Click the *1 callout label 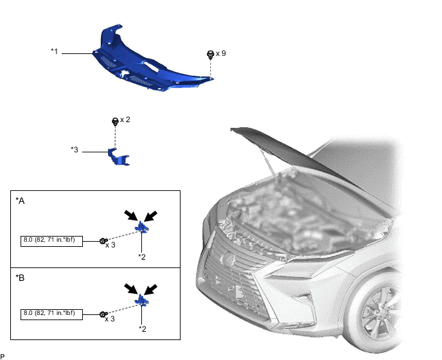click(55, 50)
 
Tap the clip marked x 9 click(209, 55)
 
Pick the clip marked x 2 click(114, 121)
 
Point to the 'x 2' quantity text click(125, 120)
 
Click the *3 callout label click(75, 150)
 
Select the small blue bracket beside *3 click(118, 157)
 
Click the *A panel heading click(20, 201)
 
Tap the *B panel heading click(20, 278)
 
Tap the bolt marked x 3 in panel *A click(103, 241)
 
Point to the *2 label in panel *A click(142, 256)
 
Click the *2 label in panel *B click(142, 328)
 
